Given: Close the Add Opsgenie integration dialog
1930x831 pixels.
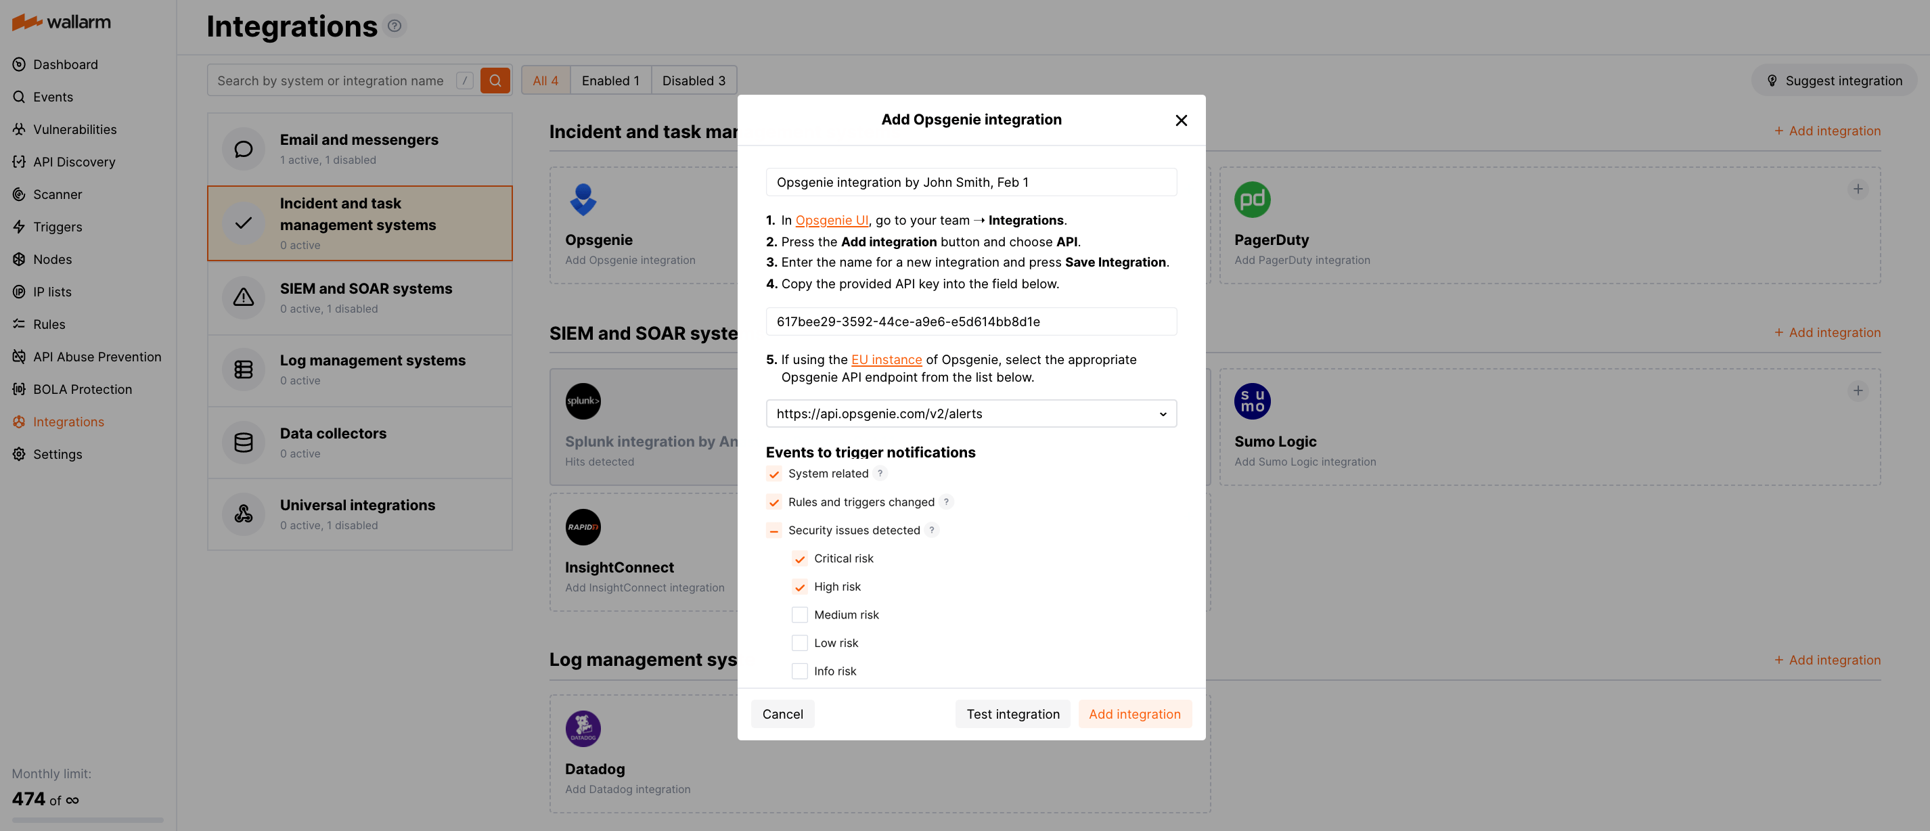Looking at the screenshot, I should (x=1181, y=120).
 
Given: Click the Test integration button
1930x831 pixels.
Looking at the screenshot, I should (x=1012, y=714).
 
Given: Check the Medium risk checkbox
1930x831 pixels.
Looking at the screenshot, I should (x=799, y=615).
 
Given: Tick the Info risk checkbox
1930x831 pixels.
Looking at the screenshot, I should (x=799, y=671).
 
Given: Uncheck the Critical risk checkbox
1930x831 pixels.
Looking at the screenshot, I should (x=799, y=559).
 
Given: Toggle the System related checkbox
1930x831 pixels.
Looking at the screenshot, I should (x=774, y=474).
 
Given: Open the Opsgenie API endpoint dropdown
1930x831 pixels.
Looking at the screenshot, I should (x=970, y=413).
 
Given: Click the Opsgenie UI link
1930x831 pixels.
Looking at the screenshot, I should (x=831, y=221).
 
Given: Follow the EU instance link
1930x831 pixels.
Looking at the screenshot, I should (x=886, y=360).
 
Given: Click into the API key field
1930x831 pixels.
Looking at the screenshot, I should (x=970, y=321).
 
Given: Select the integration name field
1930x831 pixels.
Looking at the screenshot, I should (x=970, y=182).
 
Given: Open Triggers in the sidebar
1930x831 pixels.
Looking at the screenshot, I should (x=57, y=227).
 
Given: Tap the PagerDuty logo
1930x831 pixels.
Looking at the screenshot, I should (x=1251, y=200).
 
